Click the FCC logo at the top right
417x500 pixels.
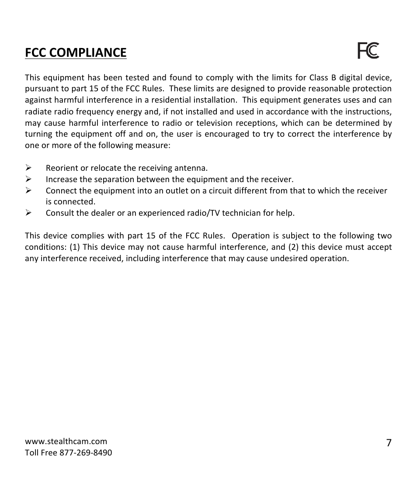coord(368,51)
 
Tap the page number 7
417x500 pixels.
coord(389,443)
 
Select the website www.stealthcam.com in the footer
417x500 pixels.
coord(66,441)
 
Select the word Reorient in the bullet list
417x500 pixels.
coord(61,168)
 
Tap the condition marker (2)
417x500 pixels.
coord(292,247)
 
